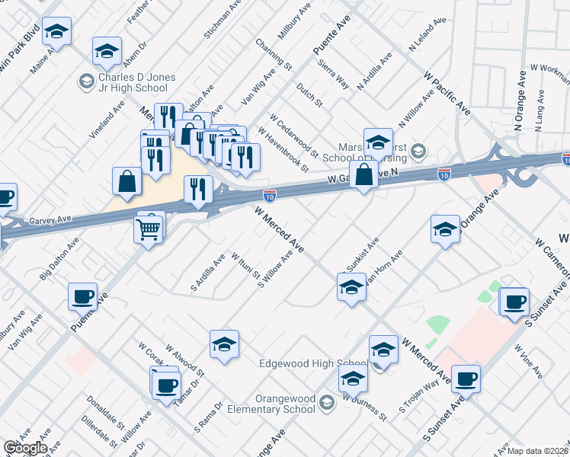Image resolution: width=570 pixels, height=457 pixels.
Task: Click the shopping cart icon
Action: tap(149, 227)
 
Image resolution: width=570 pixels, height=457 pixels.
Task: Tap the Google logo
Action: tap(24, 448)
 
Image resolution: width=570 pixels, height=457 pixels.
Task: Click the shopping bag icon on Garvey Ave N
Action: tap(364, 174)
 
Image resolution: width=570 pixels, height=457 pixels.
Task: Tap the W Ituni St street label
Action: tap(245, 267)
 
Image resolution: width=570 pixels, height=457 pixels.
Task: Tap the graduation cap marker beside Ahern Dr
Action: tap(107, 51)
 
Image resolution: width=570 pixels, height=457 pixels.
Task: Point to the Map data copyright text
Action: tap(538, 451)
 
